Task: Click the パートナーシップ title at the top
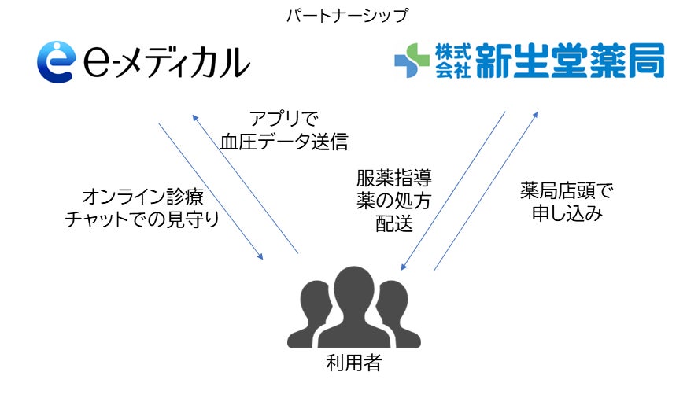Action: [348, 14]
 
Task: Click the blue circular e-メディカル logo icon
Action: [55, 62]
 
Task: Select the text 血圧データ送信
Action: [284, 143]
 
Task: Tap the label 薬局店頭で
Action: [566, 190]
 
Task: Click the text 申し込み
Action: [566, 214]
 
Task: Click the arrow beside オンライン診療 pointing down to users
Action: [210, 191]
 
